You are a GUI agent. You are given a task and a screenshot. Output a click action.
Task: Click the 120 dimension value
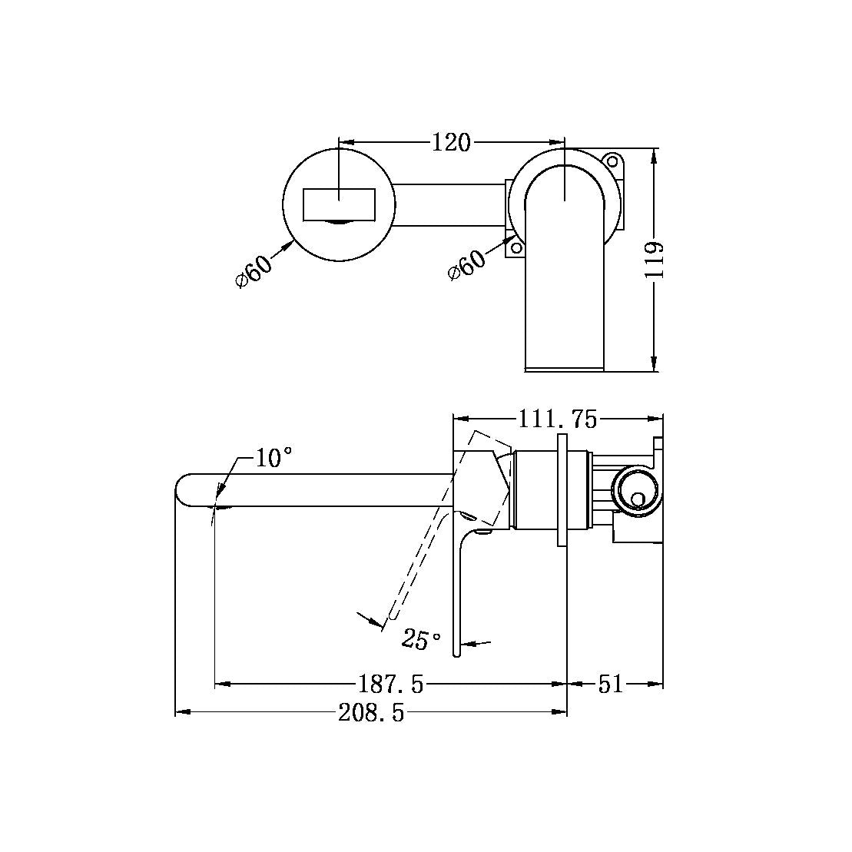pos(451,142)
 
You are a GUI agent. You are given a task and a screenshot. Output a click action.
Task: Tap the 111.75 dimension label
pos(557,419)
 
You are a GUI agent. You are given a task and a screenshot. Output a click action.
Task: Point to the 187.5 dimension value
pos(391,683)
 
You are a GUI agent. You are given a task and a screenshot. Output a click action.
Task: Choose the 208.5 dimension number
pos(371,714)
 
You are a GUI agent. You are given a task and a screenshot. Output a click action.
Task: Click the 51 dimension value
pos(611,683)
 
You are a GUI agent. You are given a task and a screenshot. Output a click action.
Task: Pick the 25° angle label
pos(422,638)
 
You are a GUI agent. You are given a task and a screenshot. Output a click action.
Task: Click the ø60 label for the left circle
pos(254,269)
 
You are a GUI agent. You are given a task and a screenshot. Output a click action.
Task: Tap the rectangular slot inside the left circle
pos(339,204)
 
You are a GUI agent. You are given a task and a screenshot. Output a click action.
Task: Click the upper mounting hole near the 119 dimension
pos(612,161)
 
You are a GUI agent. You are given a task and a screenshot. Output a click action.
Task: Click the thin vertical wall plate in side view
pos(562,491)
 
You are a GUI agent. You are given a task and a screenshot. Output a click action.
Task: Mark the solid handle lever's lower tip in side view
pos(456,651)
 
